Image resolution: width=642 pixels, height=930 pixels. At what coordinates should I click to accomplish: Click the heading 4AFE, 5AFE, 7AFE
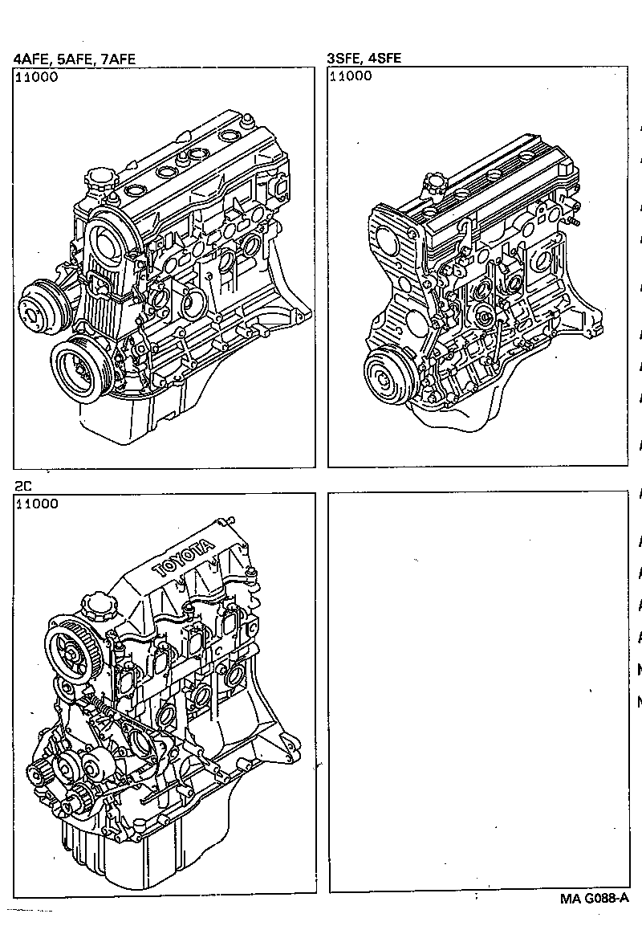(x=74, y=59)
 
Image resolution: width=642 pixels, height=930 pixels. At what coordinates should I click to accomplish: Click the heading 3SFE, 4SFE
(x=364, y=59)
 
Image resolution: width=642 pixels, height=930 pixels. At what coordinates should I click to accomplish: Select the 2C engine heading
(x=23, y=486)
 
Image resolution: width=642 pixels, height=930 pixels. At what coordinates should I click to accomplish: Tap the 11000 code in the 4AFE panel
(x=36, y=77)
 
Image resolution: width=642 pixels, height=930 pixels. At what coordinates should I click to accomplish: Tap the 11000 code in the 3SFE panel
(x=351, y=76)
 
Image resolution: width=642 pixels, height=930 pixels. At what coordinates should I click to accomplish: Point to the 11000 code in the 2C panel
(x=36, y=504)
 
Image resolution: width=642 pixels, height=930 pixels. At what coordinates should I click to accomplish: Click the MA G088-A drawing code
(x=594, y=899)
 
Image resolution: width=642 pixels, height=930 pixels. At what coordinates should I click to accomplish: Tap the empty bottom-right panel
(x=478, y=691)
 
